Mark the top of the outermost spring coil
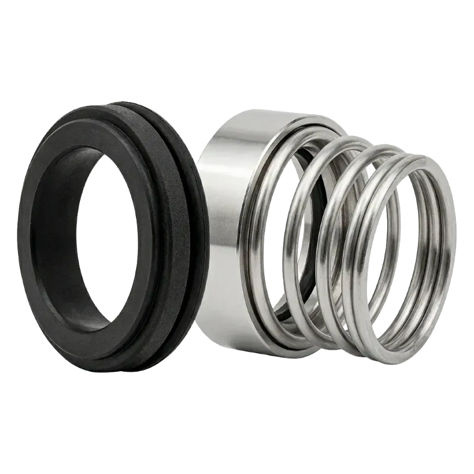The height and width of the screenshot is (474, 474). point(421,158)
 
